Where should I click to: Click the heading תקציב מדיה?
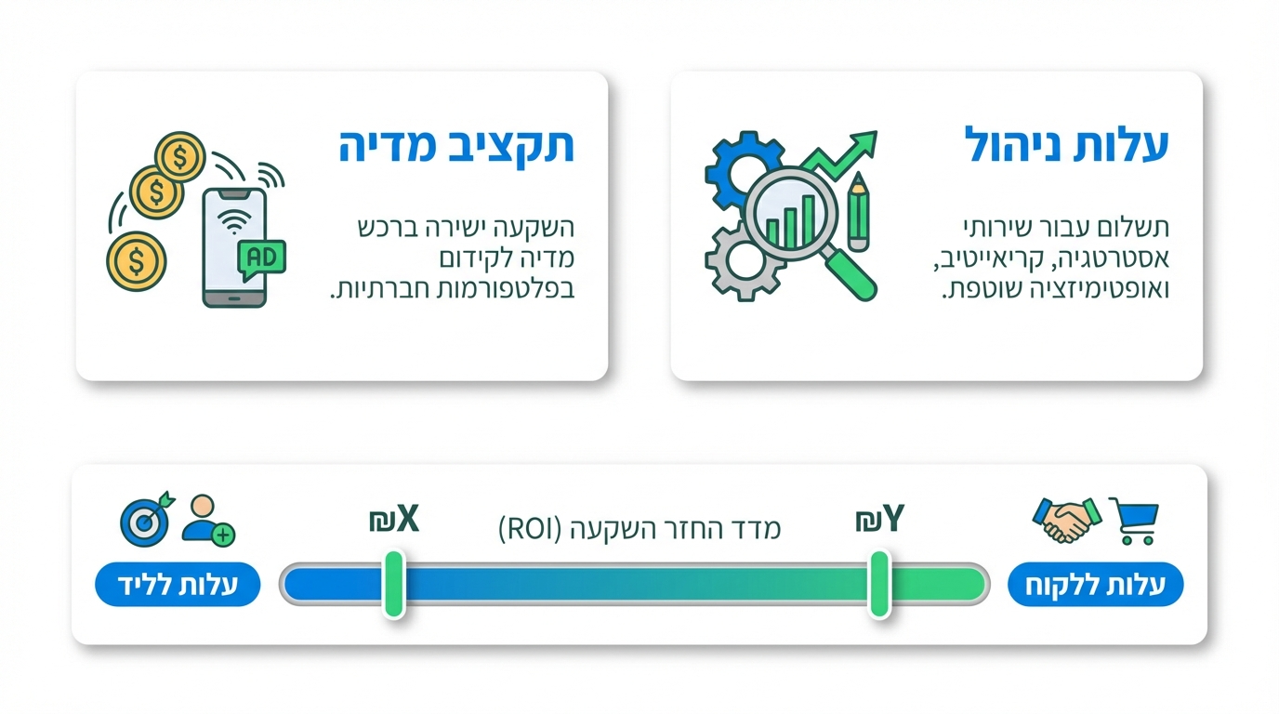[455, 147]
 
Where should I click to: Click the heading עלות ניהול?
[1067, 147]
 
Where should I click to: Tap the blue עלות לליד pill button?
[178, 585]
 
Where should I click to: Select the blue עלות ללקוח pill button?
[1095, 587]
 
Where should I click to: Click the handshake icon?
[1065, 521]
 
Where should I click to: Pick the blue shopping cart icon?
[1135, 521]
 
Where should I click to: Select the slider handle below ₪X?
[394, 584]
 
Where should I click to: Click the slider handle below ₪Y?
[879, 584]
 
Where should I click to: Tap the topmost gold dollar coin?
[179, 156]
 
